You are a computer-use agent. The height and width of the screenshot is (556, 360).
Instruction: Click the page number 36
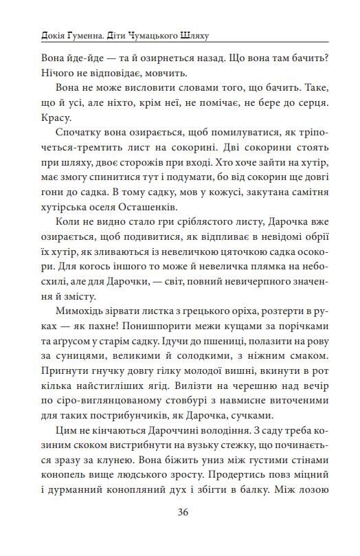point(183,511)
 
